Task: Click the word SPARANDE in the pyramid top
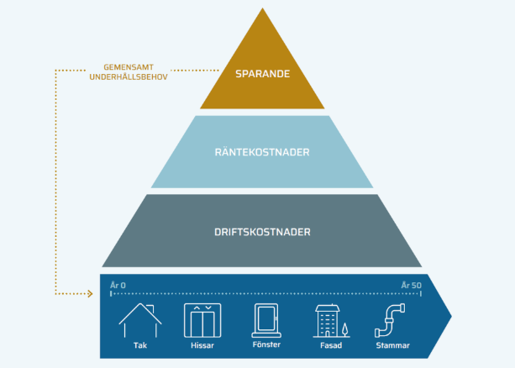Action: (x=262, y=74)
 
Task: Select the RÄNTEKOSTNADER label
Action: (x=262, y=152)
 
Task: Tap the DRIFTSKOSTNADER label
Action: (x=262, y=229)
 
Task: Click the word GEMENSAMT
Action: (x=128, y=66)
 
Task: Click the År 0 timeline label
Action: (x=118, y=286)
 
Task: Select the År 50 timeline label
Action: (x=410, y=286)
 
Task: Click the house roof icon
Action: (x=139, y=320)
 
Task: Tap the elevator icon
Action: (x=201, y=320)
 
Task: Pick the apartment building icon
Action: (x=327, y=320)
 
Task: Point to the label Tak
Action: (x=139, y=344)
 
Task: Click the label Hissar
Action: (x=201, y=344)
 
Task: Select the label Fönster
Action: (x=265, y=344)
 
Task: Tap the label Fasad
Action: (x=329, y=344)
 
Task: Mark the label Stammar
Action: (x=393, y=344)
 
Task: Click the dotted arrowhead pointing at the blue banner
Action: (x=88, y=295)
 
